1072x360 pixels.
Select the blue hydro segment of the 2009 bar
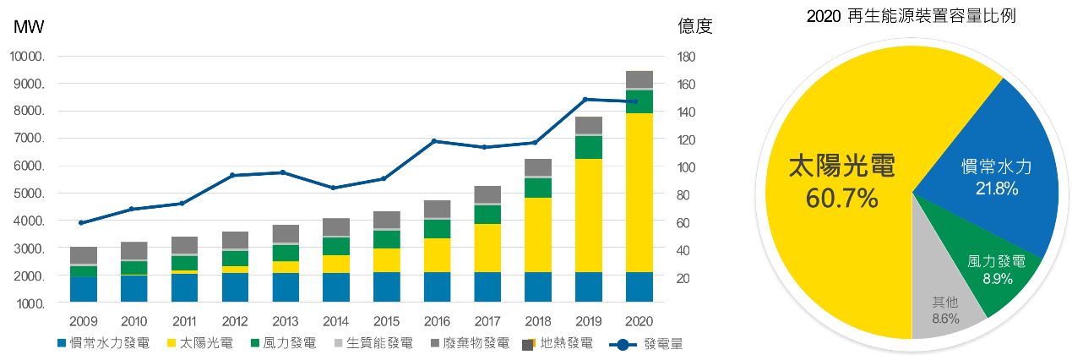tap(83, 289)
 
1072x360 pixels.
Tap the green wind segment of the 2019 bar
tap(590, 147)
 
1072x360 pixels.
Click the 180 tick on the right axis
tap(687, 57)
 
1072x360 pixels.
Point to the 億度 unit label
tap(695, 26)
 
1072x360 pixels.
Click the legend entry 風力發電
tap(287, 344)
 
